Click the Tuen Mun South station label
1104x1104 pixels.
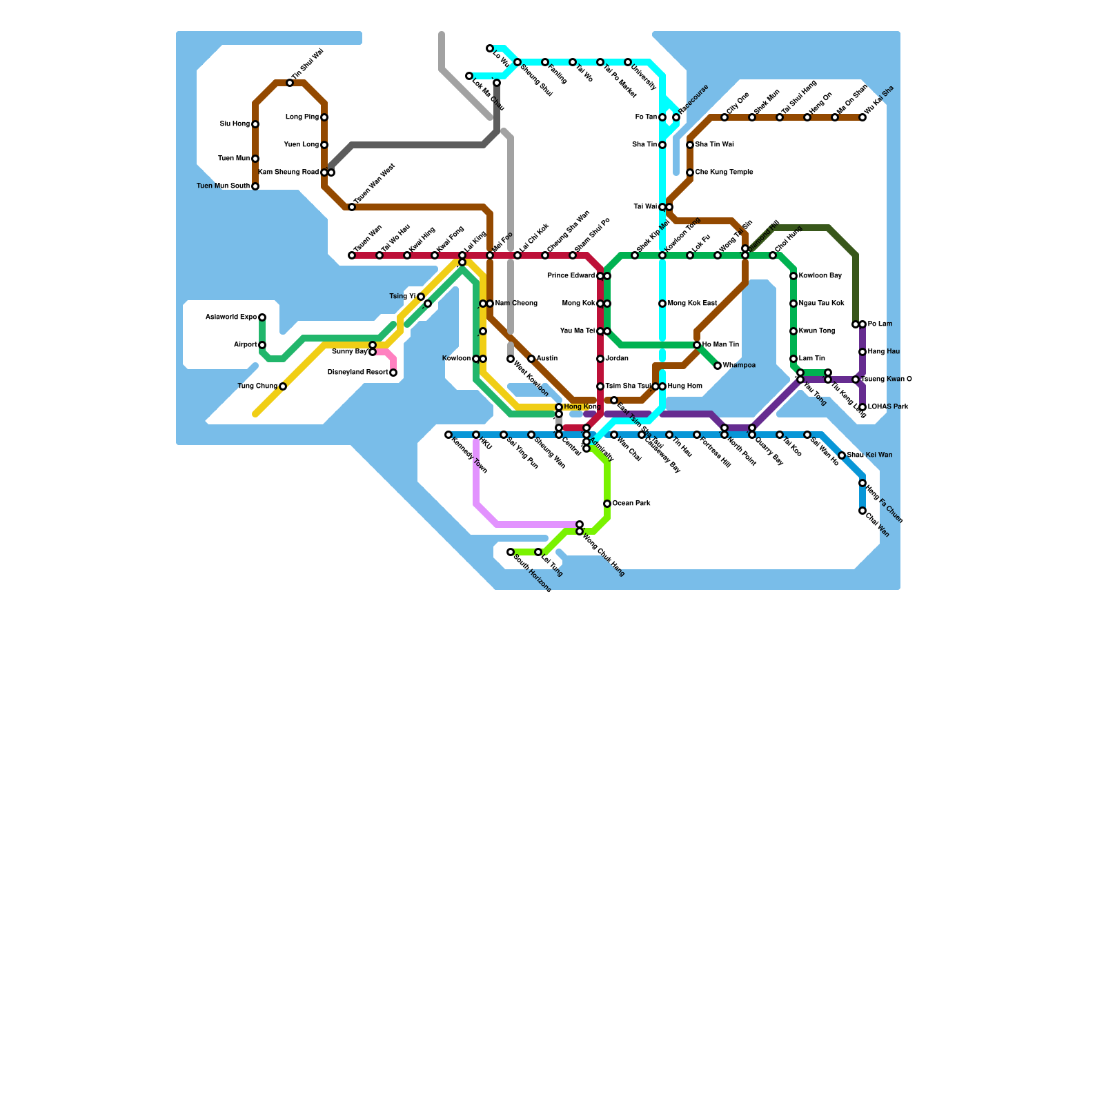point(223,186)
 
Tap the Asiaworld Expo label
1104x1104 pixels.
point(231,317)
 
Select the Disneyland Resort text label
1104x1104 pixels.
point(357,373)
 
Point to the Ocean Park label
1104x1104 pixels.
point(631,504)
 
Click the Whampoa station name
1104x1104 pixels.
point(739,366)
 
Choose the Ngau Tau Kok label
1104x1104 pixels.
point(822,304)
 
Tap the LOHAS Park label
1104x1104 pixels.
point(889,407)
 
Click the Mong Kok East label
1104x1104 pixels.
point(693,304)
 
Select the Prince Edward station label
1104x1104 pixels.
point(571,276)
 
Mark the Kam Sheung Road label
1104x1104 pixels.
point(288,172)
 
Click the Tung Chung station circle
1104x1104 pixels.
point(283,386)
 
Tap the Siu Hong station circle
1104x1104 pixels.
point(255,124)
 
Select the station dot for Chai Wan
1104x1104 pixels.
point(862,511)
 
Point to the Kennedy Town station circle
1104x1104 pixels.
point(448,435)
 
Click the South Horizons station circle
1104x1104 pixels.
point(511,552)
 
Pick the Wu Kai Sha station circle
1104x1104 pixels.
point(862,117)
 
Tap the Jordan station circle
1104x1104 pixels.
point(600,359)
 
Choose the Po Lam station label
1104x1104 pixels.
point(880,324)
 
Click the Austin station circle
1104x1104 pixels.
point(531,359)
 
